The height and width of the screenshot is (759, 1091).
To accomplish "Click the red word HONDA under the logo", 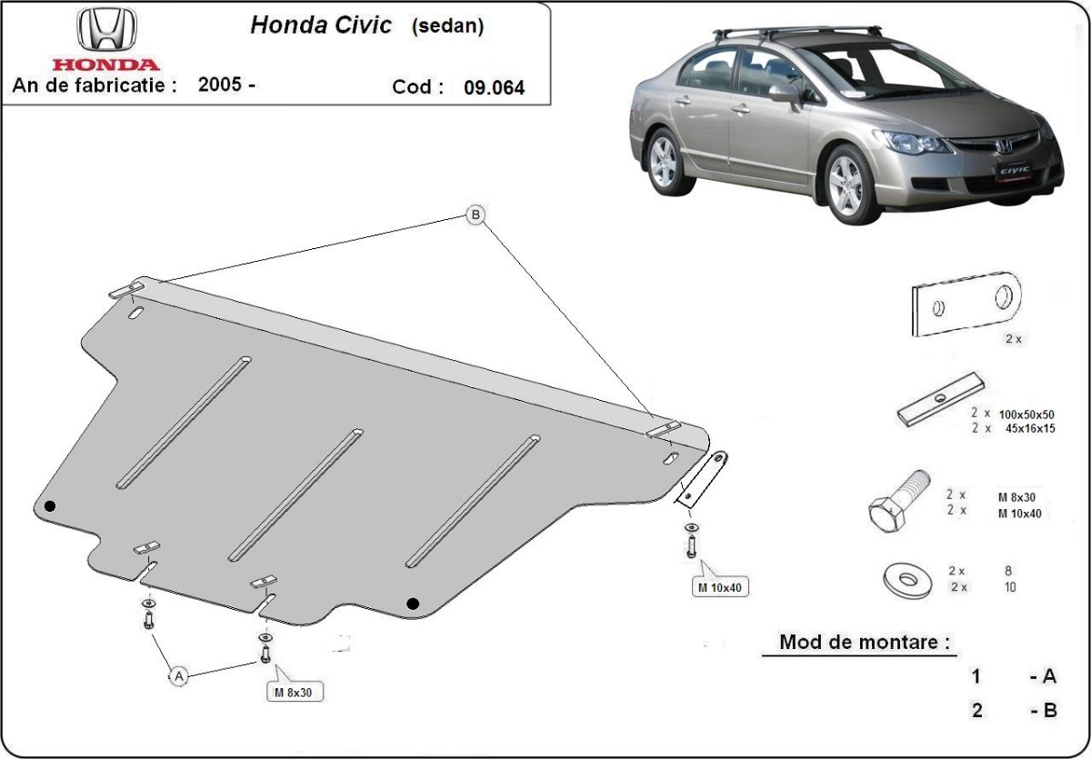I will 105,65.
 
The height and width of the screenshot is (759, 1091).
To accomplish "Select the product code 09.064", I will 494,88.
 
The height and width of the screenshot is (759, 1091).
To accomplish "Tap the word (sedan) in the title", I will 447,25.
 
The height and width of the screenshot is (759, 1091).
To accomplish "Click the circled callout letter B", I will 475,215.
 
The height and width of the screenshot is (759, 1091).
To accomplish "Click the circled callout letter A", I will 179,675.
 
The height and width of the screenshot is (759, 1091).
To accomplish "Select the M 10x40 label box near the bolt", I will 721,587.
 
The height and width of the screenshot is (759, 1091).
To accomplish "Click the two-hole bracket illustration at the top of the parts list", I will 966,304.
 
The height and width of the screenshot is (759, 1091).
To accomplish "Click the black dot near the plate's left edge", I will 50,506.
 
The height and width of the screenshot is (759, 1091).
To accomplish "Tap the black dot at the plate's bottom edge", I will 413,603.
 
